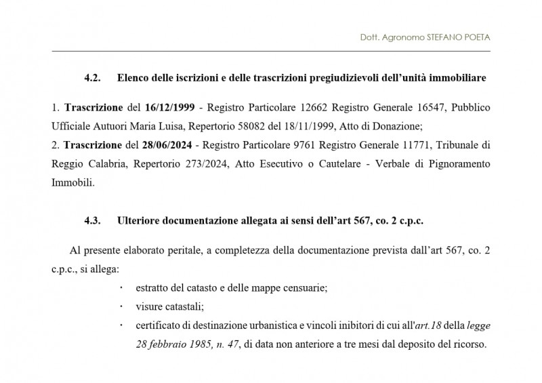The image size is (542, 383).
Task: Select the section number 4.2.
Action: coord(93,79)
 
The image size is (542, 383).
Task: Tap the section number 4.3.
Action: coord(93,220)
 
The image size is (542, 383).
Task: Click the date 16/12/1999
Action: coord(169,108)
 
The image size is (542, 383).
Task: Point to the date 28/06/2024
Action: coord(169,145)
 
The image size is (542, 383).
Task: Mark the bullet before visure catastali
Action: coord(121,306)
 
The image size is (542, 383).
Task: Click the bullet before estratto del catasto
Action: coord(121,287)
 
